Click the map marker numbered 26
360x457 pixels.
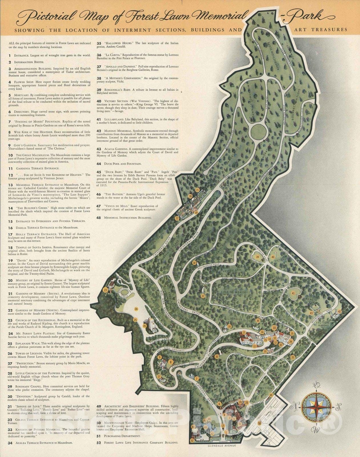click(x=145, y=326)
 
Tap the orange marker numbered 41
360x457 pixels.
click(x=293, y=293)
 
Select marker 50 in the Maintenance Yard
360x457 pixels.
click(x=259, y=423)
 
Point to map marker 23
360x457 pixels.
click(x=106, y=290)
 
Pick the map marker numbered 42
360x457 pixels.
click(x=339, y=311)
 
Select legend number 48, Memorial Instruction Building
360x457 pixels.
click(x=99, y=218)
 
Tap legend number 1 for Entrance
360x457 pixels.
click(x=10, y=55)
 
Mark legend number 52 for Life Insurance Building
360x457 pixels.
click(x=99, y=442)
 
